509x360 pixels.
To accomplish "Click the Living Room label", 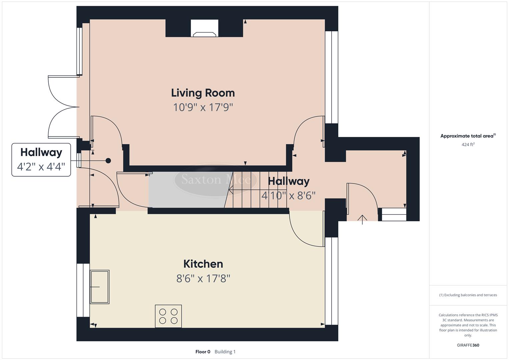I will click(203, 93).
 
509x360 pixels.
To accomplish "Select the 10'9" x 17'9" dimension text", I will click(203, 107).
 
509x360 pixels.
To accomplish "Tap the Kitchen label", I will click(203, 264).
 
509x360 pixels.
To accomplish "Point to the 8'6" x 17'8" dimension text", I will click(203, 278).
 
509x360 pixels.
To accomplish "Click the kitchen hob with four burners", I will click(168, 316).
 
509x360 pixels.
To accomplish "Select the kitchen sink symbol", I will click(100, 287).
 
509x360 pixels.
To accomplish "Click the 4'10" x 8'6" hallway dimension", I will click(288, 195).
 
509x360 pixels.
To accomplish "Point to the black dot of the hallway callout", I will click(108, 161).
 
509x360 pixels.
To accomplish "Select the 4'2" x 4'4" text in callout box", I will click(41, 167).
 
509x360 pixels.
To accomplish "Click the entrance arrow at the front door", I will click(362, 219).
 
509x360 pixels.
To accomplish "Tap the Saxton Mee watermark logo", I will click(216, 179).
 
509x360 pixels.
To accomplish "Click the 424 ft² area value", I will click(468, 144).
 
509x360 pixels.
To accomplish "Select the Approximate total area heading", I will click(468, 136).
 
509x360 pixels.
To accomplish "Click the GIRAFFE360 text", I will click(468, 345).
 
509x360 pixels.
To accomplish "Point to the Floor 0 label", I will click(203, 352).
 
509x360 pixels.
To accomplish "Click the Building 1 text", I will click(225, 352).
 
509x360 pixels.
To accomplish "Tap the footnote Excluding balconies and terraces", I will click(468, 295).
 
